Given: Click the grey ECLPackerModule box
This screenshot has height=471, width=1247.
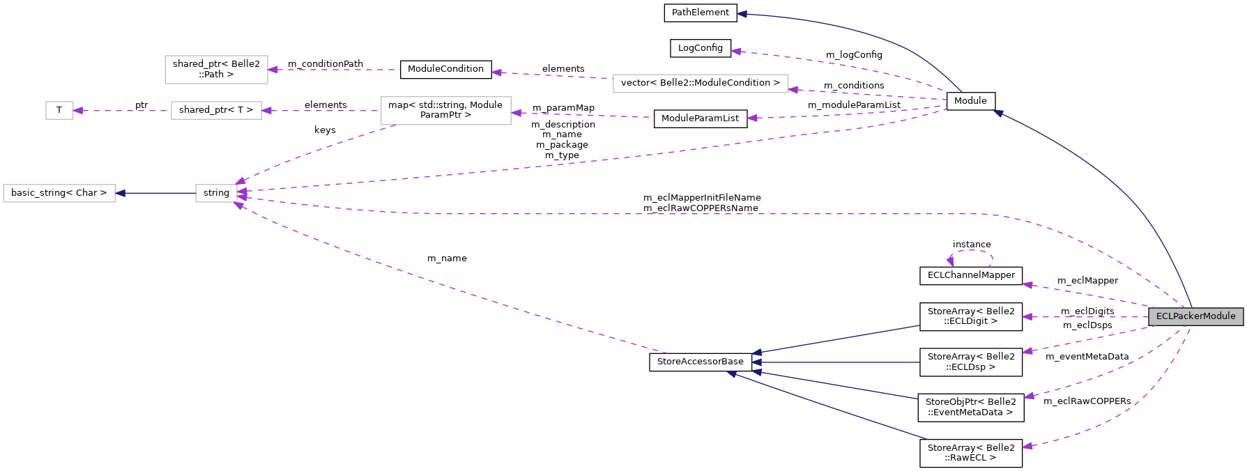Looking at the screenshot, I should [1195, 316].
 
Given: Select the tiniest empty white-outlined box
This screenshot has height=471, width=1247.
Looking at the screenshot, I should [59, 110].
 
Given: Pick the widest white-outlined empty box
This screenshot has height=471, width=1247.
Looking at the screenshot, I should [701, 84].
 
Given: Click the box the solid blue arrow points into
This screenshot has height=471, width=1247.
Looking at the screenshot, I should [59, 193].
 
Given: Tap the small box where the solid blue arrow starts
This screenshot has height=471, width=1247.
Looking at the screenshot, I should [216, 193].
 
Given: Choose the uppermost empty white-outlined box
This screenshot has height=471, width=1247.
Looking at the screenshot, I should [216, 70].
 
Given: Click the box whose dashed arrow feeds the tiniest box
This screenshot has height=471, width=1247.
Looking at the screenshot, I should [216, 110].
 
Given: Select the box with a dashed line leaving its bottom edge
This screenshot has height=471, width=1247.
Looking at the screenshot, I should [445, 111].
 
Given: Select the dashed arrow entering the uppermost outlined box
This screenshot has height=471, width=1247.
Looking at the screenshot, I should [335, 70].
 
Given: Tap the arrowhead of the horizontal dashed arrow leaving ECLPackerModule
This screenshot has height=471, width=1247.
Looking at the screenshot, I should [1027, 317].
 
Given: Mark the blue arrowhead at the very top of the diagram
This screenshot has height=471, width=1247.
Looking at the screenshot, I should [742, 14].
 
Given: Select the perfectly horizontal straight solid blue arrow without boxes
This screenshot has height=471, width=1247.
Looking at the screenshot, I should [836, 362].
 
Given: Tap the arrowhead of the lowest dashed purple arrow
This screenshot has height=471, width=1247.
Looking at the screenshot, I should [1027, 446].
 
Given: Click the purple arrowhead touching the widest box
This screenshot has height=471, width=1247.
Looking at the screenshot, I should [793, 89].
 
